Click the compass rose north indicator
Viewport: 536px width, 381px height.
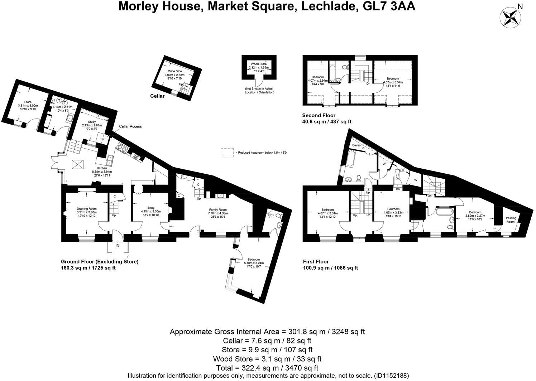click(510, 18)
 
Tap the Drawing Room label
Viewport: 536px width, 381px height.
click(87, 209)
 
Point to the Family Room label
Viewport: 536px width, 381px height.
click(218, 210)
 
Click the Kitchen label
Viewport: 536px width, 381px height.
click(102, 168)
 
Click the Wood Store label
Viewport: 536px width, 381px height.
click(258, 64)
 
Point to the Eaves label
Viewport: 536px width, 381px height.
click(356, 145)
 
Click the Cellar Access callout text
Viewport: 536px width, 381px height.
click(130, 126)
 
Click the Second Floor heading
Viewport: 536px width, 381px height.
click(319, 115)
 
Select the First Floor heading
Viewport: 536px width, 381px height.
click(315, 262)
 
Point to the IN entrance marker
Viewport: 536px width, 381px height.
click(118, 246)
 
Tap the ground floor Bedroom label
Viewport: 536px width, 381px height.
click(254, 260)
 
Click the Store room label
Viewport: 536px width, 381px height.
click(28, 102)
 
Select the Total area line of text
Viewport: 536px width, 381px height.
click(267, 368)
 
